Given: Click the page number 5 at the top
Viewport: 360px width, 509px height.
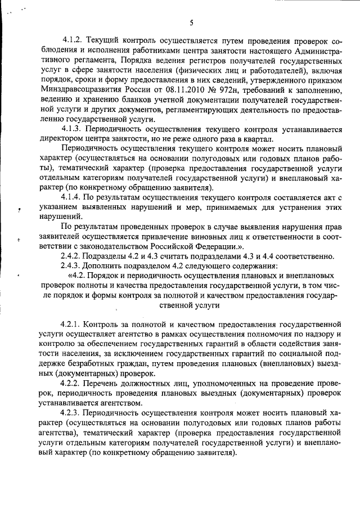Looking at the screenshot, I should [191, 22].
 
